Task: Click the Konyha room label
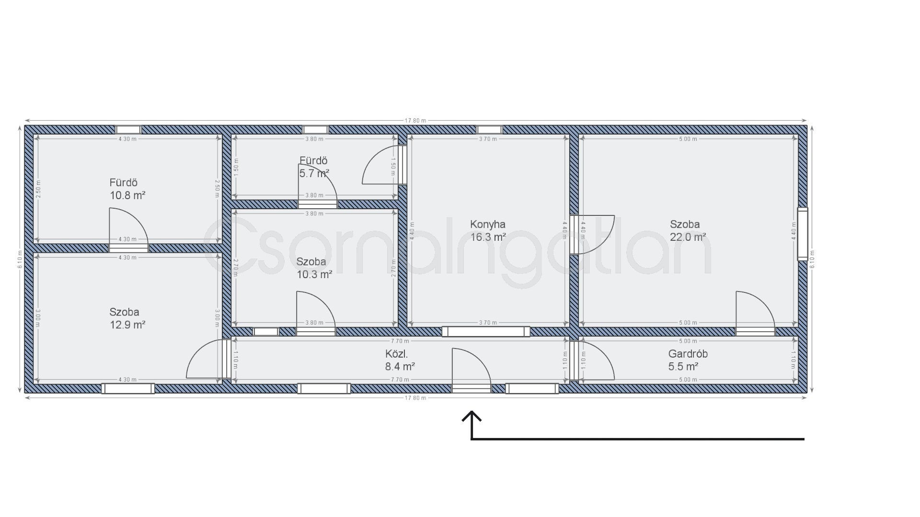point(487,224)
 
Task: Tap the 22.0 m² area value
point(688,237)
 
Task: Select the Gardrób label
point(688,354)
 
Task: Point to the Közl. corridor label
point(396,354)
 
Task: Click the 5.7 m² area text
point(314,173)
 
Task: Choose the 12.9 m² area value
point(127,325)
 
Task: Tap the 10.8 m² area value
point(127,195)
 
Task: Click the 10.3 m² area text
point(314,275)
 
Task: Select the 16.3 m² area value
point(487,237)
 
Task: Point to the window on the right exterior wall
point(802,234)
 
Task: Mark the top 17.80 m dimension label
point(415,121)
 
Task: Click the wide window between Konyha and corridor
point(486,331)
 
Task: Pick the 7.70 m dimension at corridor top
point(400,341)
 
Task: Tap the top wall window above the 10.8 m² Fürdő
point(128,130)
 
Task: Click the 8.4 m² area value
point(400,367)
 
